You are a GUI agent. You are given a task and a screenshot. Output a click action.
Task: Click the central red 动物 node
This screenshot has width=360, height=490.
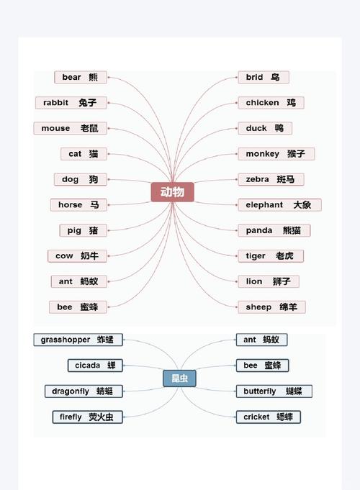coord(172,192)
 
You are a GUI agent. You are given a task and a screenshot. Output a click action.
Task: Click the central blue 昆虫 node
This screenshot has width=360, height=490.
coord(179,378)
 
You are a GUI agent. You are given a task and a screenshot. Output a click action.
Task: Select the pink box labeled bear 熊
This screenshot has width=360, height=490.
coord(81,77)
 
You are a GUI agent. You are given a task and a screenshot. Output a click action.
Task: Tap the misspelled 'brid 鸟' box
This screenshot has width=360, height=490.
coord(264,77)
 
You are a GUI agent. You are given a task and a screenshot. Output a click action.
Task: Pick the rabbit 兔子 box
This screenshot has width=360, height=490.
coord(71,103)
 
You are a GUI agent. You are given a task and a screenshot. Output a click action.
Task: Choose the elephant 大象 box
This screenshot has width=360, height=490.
coord(279,205)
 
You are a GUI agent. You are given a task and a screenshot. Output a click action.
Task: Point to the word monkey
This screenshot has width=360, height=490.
coord(262,154)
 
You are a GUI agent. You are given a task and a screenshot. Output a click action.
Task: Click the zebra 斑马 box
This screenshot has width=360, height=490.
coord(271,179)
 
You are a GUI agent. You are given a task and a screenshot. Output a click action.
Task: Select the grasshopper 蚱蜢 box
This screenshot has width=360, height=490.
coord(78,340)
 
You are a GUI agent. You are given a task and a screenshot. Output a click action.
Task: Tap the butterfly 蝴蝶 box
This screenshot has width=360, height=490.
coord(274,391)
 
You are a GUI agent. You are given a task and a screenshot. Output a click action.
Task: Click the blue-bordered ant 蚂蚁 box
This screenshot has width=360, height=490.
coord(261,340)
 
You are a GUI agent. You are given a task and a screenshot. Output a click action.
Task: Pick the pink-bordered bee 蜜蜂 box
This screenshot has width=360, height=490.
coord(78,307)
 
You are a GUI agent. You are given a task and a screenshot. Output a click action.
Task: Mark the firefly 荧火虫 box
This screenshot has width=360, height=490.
coord(87,417)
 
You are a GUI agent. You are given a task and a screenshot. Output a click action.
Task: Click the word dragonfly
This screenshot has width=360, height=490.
coord(71,391)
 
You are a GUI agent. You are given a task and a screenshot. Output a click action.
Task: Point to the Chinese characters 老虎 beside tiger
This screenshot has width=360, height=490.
coord(284,256)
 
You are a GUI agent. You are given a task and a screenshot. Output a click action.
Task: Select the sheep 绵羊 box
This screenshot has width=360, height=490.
coord(271,307)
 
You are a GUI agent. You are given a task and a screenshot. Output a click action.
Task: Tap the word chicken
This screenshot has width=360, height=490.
coord(262,103)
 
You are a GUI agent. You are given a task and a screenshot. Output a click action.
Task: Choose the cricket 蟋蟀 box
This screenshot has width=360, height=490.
coord(269,417)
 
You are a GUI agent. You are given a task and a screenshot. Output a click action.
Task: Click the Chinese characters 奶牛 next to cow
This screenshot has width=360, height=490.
coord(89,256)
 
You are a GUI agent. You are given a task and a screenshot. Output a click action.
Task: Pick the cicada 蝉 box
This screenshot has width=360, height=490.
coord(95,366)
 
